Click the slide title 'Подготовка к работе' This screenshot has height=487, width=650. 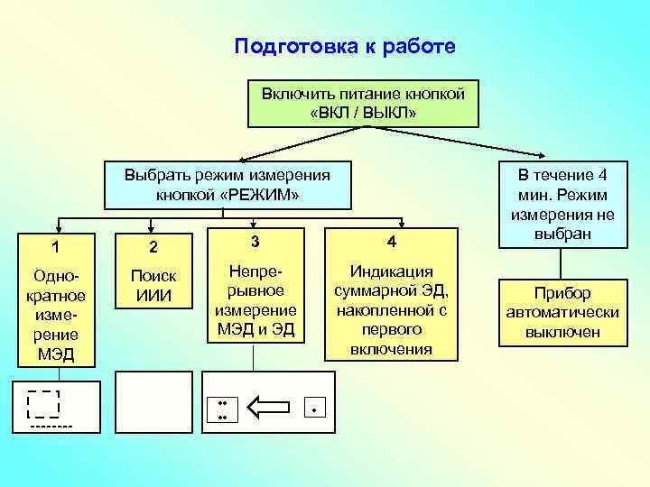[x=345, y=46]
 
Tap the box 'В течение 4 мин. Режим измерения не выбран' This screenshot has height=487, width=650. [x=562, y=205]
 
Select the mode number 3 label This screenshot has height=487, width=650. [x=255, y=242]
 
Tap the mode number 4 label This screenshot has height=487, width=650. [x=391, y=242]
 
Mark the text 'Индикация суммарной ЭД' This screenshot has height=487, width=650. [x=391, y=309]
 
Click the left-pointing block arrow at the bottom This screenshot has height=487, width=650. [x=268, y=409]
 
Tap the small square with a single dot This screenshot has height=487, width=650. [x=314, y=409]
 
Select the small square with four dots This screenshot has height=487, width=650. [x=222, y=409]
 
